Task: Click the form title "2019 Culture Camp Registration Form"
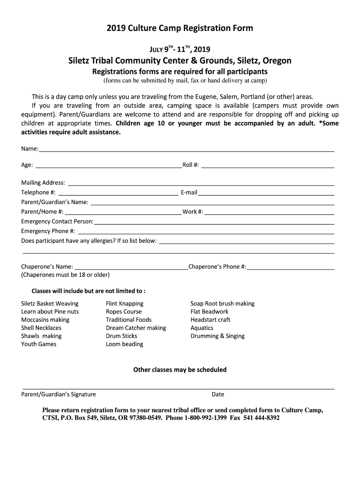pyautogui.click(x=180, y=28)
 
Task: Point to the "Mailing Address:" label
pyautogui.click(x=43, y=182)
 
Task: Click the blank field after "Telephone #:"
pyautogui.click(x=118, y=192)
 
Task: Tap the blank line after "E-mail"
pyautogui.click(x=266, y=192)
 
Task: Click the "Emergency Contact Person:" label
pyautogui.click(x=57, y=221)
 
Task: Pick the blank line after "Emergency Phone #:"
pyautogui.click(x=206, y=231)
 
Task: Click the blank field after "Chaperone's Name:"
pyautogui.click(x=131, y=266)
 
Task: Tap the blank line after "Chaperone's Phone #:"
pyautogui.click(x=291, y=266)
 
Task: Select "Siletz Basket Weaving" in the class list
pyautogui.click(x=50, y=304)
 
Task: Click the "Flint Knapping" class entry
pyautogui.click(x=124, y=304)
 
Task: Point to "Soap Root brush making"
pyautogui.click(x=222, y=304)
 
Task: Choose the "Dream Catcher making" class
pyautogui.click(x=136, y=328)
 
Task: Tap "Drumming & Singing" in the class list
pyautogui.click(x=217, y=336)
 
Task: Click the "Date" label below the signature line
pyautogui.click(x=218, y=394)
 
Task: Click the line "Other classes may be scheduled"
pyautogui.click(x=180, y=370)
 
